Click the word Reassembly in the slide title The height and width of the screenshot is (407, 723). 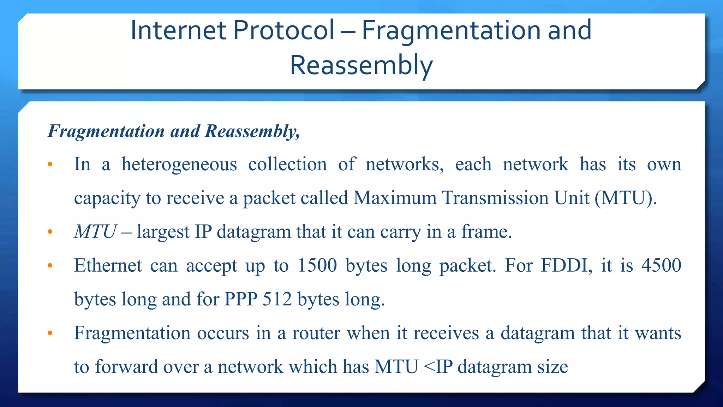[x=361, y=65]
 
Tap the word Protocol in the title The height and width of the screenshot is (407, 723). [x=283, y=30]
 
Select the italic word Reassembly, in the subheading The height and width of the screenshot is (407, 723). [x=252, y=131]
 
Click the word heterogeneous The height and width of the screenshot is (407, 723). [x=179, y=164]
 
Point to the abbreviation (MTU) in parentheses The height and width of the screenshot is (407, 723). [x=626, y=198]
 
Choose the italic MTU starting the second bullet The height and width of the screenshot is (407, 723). [x=95, y=232]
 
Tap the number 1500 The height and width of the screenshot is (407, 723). [x=317, y=265]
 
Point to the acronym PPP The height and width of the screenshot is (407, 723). [x=241, y=299]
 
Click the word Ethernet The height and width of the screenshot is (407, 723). [x=108, y=265]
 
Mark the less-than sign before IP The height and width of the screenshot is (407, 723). [x=429, y=367]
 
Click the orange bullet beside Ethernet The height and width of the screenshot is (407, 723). [x=50, y=265]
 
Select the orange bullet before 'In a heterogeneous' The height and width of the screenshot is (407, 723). [x=50, y=164]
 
